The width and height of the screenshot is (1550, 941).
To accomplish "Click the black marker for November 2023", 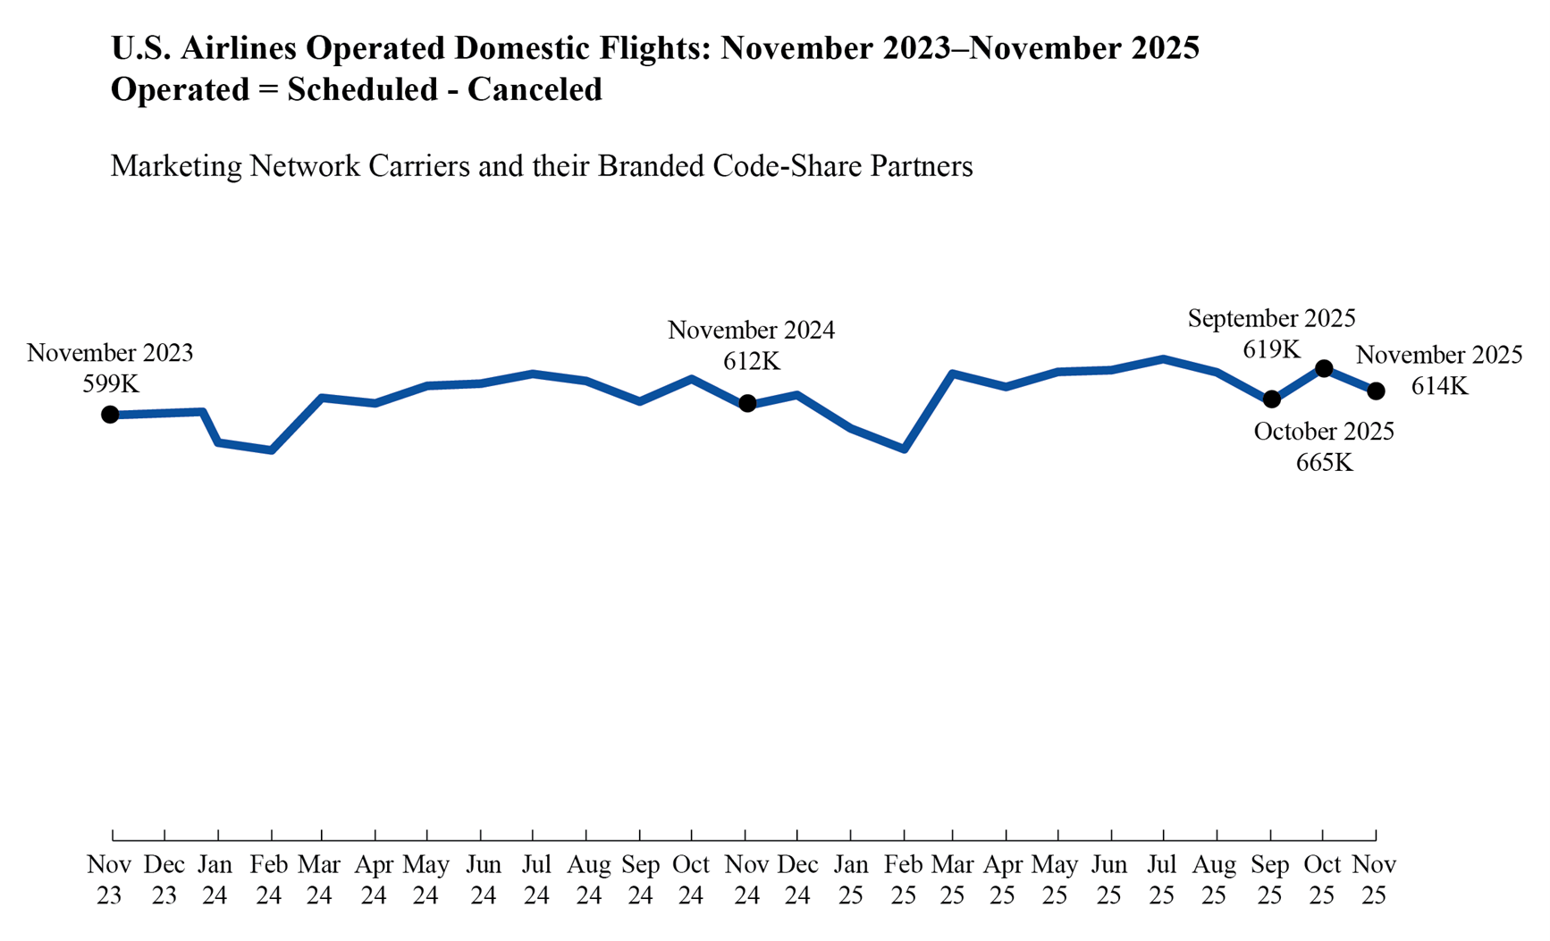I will point(110,415).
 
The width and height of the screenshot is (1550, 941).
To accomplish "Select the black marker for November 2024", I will point(747,404).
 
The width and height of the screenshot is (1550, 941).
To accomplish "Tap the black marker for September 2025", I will point(1271,399).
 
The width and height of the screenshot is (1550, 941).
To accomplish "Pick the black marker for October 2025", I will point(1324,368).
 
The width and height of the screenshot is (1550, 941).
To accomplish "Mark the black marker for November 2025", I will point(1376,391).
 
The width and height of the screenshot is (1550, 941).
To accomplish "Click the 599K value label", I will point(111,384).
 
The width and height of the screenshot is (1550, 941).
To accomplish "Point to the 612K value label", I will point(751,362).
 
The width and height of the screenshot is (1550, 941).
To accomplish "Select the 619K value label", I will point(1271,349).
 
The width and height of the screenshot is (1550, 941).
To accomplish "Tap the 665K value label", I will point(1324,463).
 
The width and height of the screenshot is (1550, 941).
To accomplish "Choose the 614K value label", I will point(1439,386).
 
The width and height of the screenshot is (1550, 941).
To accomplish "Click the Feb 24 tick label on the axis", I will point(269,880).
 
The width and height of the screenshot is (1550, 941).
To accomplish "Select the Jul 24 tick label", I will point(535,880).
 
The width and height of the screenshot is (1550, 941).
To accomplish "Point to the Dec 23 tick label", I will point(164,880).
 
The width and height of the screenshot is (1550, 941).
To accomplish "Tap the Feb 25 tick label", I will point(904,880).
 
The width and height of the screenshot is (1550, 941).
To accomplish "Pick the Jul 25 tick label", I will point(1161,880).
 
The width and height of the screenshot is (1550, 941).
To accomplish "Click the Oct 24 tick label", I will point(691,880).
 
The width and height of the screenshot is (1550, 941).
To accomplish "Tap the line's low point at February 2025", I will point(905,449).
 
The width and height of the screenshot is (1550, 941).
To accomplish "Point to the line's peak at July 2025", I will point(1163,359).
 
